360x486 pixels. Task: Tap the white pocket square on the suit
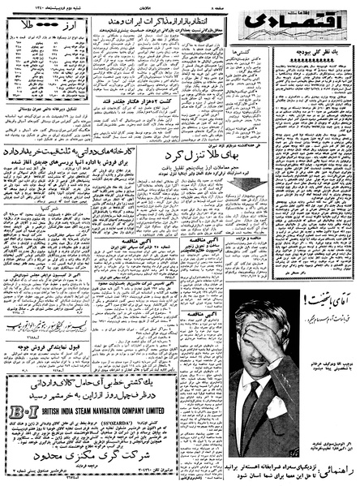tap(277, 406)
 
